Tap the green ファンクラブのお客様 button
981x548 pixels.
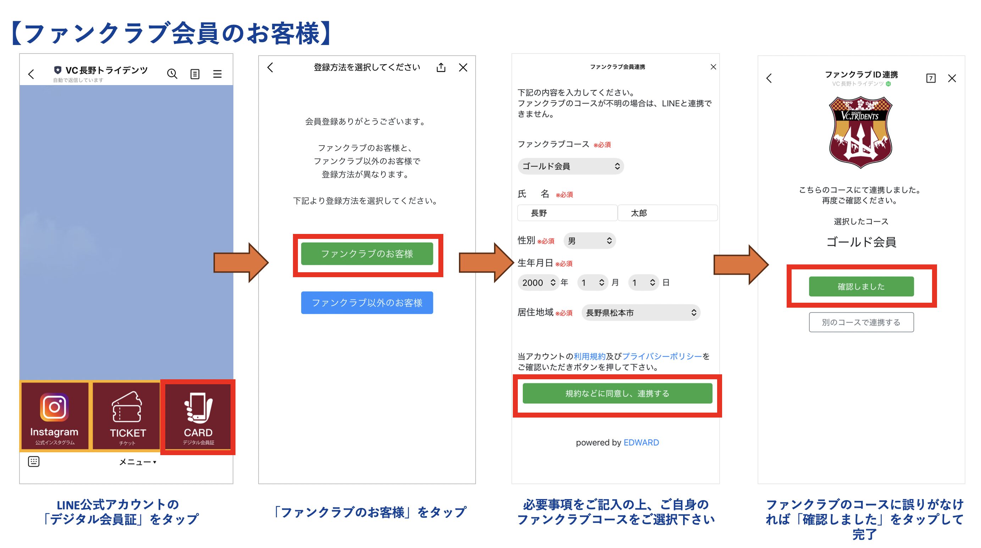pyautogui.click(x=367, y=254)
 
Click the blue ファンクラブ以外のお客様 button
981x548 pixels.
pyautogui.click(x=367, y=303)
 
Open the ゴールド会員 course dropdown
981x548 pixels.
pyautogui.click(x=570, y=166)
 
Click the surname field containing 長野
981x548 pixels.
pyautogui.click(x=567, y=213)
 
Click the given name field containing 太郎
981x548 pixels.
pyautogui.click(x=667, y=213)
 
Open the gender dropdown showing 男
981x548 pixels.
pyautogui.click(x=589, y=241)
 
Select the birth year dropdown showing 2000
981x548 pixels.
pyautogui.click(x=538, y=283)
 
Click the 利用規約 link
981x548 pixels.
pyautogui.click(x=589, y=357)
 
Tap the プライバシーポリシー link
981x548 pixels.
pyautogui.click(x=661, y=357)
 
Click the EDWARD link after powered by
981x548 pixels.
pyautogui.click(x=641, y=443)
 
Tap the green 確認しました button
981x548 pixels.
pyautogui.click(x=861, y=286)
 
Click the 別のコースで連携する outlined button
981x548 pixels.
pyautogui.click(x=861, y=322)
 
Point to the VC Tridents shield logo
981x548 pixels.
pyautogui.click(x=860, y=132)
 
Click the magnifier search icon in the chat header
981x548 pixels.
pyautogui.click(x=172, y=74)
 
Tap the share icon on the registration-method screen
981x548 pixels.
pyautogui.click(x=441, y=68)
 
